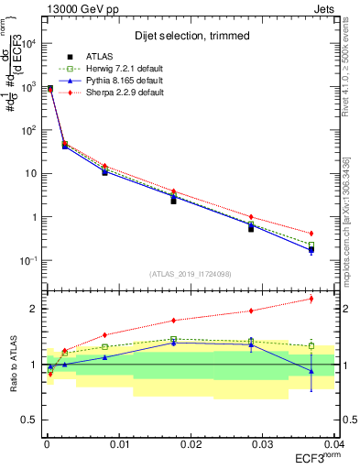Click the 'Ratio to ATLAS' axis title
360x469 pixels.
click(x=14, y=365)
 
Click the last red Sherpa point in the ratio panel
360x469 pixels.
click(x=311, y=299)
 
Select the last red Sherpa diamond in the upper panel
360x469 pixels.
click(x=311, y=234)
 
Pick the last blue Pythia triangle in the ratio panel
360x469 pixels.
click(x=311, y=371)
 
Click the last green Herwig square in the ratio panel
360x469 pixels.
click(x=311, y=346)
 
